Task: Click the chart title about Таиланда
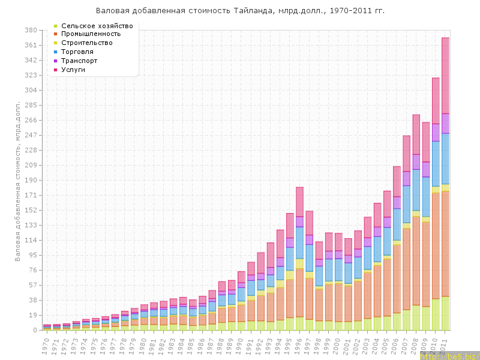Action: [x=240, y=11]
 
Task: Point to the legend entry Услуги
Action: [x=77, y=70]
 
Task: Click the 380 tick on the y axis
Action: [x=31, y=30]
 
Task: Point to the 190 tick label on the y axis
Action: [x=31, y=180]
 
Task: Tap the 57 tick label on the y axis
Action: [x=33, y=285]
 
